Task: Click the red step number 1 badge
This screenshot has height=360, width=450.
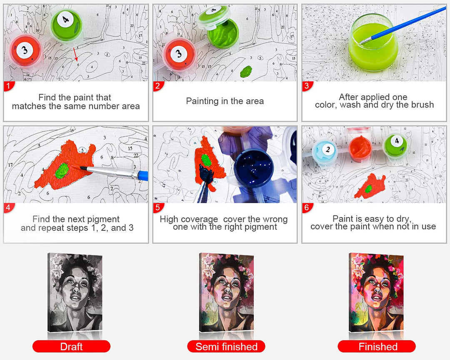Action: tap(9, 86)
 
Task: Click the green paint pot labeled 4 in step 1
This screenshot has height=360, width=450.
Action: tap(67, 24)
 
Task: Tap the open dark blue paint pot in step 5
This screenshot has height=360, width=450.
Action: tap(252, 168)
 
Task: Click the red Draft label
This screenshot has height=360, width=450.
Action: tap(72, 346)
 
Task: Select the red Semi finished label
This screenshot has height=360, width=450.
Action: tap(226, 346)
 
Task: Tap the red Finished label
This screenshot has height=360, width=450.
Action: tap(377, 346)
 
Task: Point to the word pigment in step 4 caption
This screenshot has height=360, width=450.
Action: tap(104, 219)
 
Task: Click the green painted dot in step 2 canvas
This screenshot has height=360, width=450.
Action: tap(246, 72)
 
